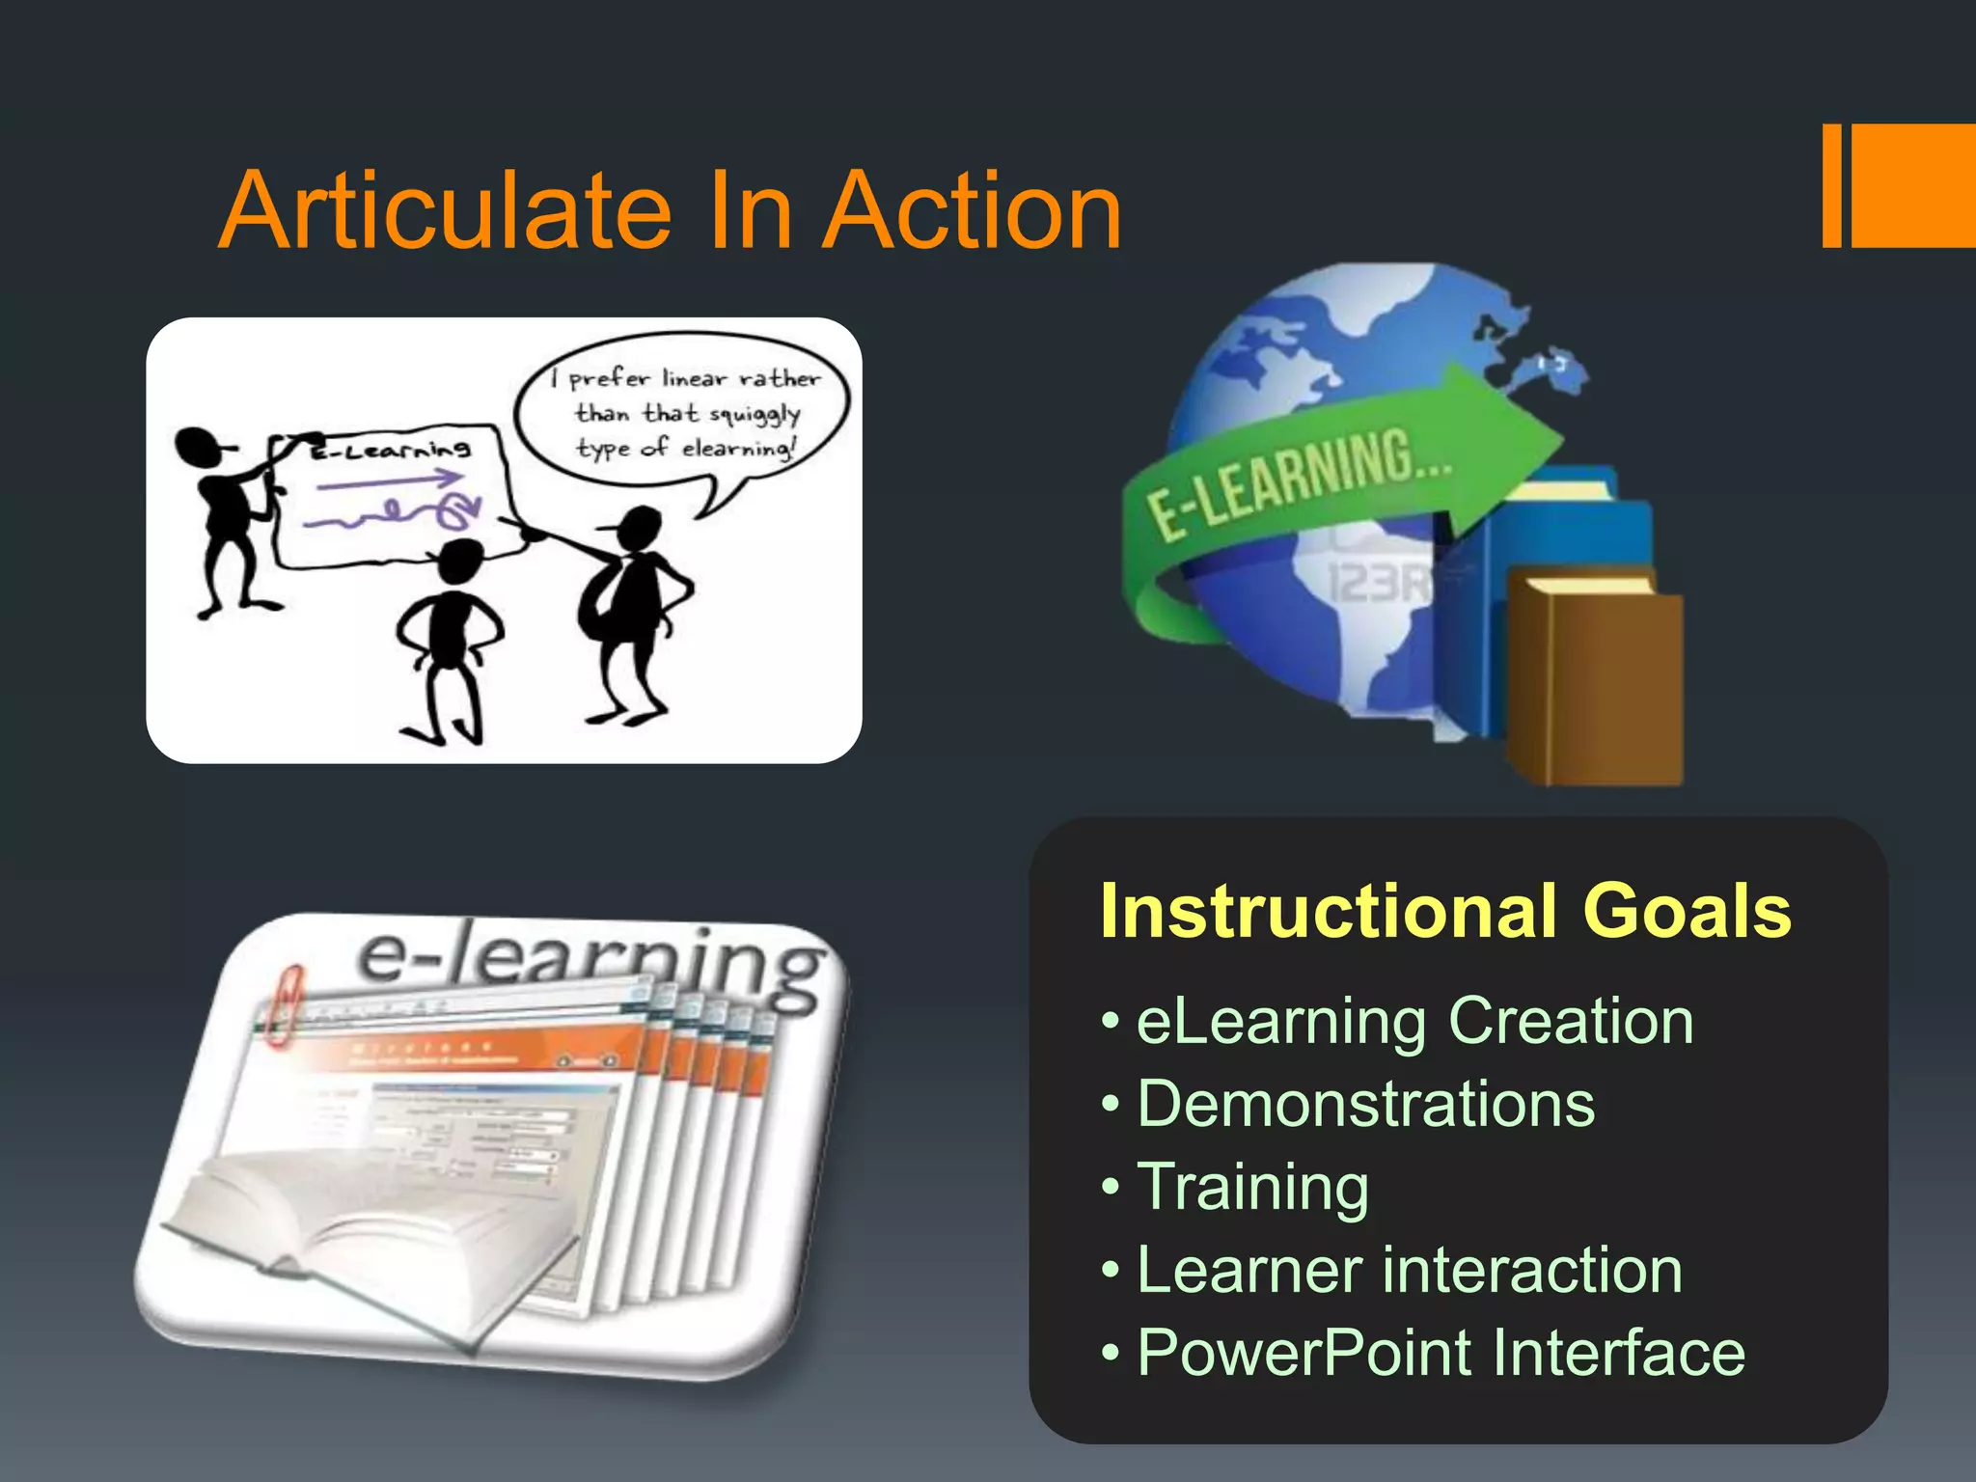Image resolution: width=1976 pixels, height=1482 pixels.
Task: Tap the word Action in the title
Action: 974,210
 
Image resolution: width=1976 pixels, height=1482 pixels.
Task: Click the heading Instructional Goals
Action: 1444,911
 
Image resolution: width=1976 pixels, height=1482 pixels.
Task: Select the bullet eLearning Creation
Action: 1413,1021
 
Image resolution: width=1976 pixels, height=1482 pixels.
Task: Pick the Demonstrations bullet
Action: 1365,1104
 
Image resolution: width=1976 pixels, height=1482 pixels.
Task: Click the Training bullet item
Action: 1252,1187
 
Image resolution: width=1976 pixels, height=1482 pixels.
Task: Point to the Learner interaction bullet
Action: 1409,1270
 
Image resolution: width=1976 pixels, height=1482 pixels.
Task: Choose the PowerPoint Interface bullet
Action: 1441,1353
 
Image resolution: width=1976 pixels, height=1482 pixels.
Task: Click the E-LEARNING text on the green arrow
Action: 1298,482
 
